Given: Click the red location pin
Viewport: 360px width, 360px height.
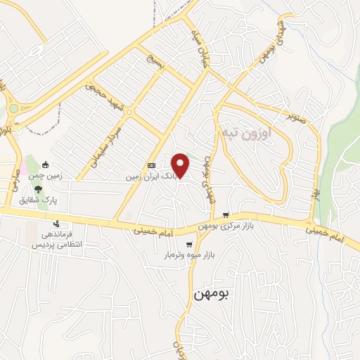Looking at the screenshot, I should pos(181,165).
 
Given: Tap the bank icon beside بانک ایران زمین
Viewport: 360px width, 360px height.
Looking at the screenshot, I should pos(150,166).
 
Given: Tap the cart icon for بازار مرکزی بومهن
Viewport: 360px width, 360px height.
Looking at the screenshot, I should pos(225,215).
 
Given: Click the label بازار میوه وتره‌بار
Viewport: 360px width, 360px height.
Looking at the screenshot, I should pos(188,255).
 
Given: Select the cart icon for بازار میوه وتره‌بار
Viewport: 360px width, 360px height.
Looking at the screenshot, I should pos(188,244).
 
